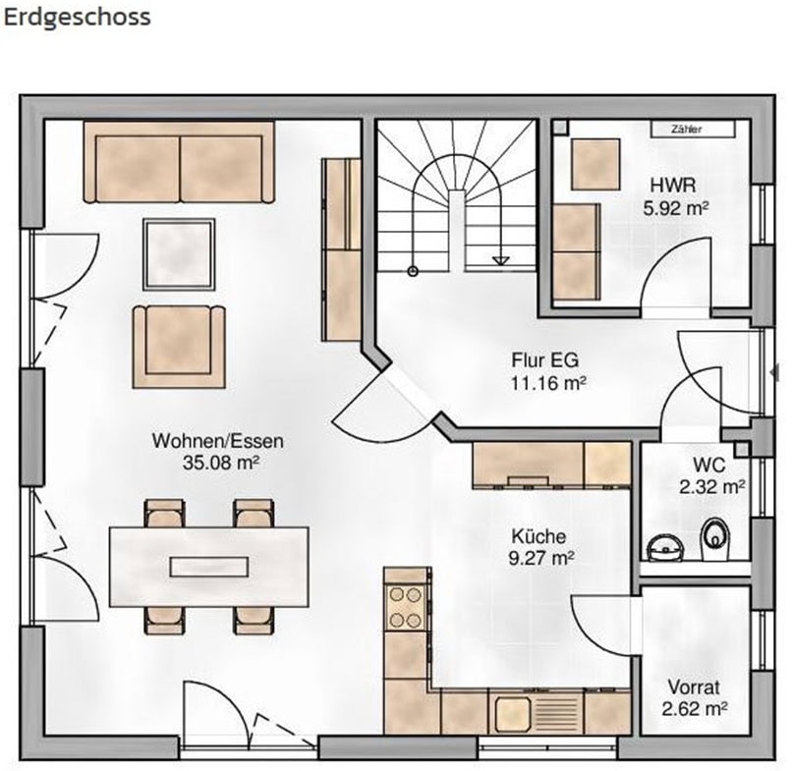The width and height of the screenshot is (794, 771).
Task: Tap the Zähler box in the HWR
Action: point(693,129)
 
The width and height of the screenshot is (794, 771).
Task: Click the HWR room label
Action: point(673,186)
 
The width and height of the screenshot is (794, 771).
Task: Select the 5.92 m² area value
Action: point(675,207)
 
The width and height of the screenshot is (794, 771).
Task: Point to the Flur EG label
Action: point(544,360)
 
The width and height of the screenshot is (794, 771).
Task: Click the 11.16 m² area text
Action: point(548,383)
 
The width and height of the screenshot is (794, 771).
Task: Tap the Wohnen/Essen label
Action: point(218,441)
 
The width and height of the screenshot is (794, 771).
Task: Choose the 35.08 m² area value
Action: point(221,463)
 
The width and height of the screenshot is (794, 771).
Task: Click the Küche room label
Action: point(539,536)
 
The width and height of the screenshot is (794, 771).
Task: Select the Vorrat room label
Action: point(694,688)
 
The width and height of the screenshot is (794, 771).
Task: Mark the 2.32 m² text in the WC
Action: point(711,486)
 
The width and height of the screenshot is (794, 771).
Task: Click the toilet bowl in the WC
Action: point(715,537)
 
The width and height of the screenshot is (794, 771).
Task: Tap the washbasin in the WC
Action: point(665,548)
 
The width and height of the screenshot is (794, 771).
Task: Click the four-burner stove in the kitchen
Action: point(405,607)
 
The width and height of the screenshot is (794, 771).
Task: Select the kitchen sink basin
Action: point(513,713)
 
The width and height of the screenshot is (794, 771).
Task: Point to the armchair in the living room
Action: point(179,347)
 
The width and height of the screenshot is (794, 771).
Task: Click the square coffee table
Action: point(179,254)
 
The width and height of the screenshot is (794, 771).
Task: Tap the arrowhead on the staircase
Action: point(501,260)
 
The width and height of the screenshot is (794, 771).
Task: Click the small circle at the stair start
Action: point(413,271)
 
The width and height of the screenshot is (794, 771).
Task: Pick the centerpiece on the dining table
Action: point(209,567)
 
